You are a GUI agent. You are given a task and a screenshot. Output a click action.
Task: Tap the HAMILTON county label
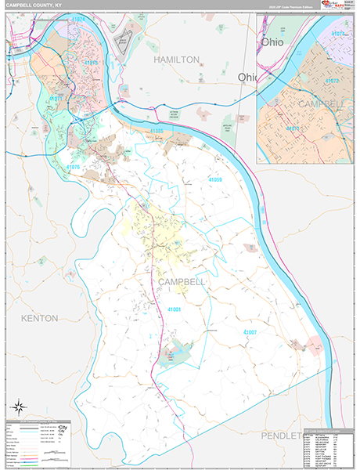176,60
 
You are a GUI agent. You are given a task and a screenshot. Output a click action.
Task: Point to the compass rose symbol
17,406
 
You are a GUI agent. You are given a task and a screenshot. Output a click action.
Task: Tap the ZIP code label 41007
250,332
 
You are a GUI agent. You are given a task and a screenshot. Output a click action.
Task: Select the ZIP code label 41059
215,180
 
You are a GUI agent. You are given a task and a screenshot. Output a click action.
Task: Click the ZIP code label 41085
157,130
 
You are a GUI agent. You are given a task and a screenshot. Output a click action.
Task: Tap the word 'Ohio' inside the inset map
273,42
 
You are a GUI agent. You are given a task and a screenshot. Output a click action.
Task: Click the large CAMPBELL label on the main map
181,280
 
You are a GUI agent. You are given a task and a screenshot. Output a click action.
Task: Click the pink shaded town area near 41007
317,345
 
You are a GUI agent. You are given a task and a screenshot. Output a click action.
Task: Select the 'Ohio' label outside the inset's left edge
247,77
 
